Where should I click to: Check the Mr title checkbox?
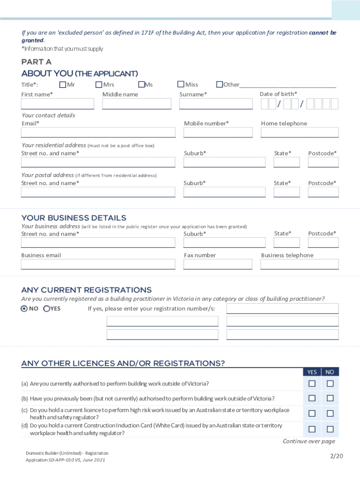coord(63,85)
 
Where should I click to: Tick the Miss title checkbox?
coord(180,85)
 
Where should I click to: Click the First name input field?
coord(58,104)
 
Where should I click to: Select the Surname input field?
coord(216,104)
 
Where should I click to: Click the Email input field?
coord(98,133)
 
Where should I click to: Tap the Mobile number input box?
coord(218,133)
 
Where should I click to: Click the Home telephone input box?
coord(300,133)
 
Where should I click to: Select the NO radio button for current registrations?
coord(24,309)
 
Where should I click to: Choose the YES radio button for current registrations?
coord(47,309)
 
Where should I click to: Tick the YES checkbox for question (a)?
coord(312,384)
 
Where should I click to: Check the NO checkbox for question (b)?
coord(330,399)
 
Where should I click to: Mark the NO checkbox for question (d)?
coord(330,429)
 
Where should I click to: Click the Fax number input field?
coord(218,265)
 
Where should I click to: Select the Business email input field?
coord(98,265)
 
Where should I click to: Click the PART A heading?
coord(36,62)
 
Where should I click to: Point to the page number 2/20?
coord(336,457)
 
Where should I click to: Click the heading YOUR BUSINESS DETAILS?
coord(74,218)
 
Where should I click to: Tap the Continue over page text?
coord(309,442)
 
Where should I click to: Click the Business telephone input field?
coord(300,265)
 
